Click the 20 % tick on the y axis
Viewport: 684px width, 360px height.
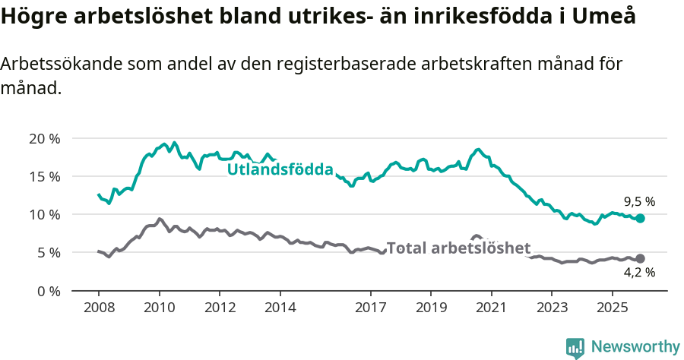(44, 138)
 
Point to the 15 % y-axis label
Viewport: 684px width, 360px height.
(44, 176)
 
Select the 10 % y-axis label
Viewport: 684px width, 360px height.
(44, 214)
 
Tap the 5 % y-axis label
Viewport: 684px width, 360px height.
(47, 252)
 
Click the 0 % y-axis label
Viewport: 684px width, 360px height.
(47, 290)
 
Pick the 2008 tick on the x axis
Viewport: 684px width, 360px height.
(99, 308)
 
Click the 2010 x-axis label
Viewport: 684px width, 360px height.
(159, 308)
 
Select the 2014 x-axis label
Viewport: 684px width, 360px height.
(280, 308)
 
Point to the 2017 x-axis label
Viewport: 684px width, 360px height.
(370, 308)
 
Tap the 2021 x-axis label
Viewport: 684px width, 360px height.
(491, 308)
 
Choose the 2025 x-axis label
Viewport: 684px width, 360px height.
(612, 308)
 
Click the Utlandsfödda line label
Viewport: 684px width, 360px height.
(280, 169)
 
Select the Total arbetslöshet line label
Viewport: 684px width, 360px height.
(458, 248)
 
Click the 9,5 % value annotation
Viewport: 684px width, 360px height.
(639, 201)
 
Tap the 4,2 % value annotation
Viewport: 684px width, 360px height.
(639, 272)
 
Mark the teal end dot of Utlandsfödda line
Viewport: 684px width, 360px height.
(640, 218)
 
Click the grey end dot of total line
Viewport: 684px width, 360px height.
(640, 258)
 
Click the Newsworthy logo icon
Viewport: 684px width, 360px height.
(575, 348)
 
